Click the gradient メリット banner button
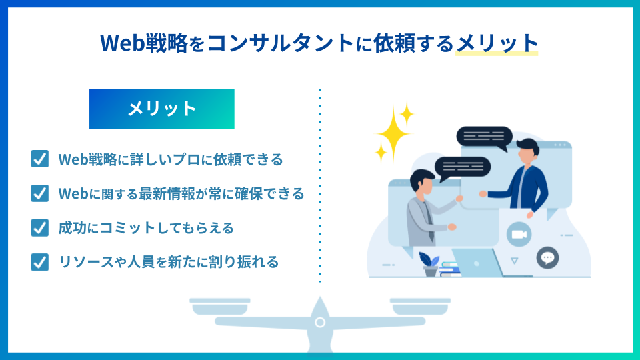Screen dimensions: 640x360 coord(161,109)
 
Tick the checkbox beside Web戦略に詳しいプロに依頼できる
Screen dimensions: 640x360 coord(39,159)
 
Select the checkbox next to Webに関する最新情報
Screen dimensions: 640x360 coord(39,193)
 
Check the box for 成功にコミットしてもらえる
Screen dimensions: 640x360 coord(39,227)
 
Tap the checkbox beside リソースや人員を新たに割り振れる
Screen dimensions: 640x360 coord(39,262)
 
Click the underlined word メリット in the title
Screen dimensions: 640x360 coord(497,43)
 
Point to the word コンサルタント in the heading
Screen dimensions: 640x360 coord(280,43)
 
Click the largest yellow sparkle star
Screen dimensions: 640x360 coord(393,133)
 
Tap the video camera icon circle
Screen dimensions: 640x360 coord(519,235)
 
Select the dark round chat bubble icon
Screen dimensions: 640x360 coord(547,257)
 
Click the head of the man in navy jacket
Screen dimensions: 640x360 coord(527,151)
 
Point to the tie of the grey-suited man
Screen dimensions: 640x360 coord(429,221)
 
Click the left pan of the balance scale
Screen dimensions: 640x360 coord(219,307)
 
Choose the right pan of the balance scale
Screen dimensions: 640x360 coord(420,307)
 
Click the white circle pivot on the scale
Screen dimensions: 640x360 coord(320,323)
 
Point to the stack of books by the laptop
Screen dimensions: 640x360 coord(450,269)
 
